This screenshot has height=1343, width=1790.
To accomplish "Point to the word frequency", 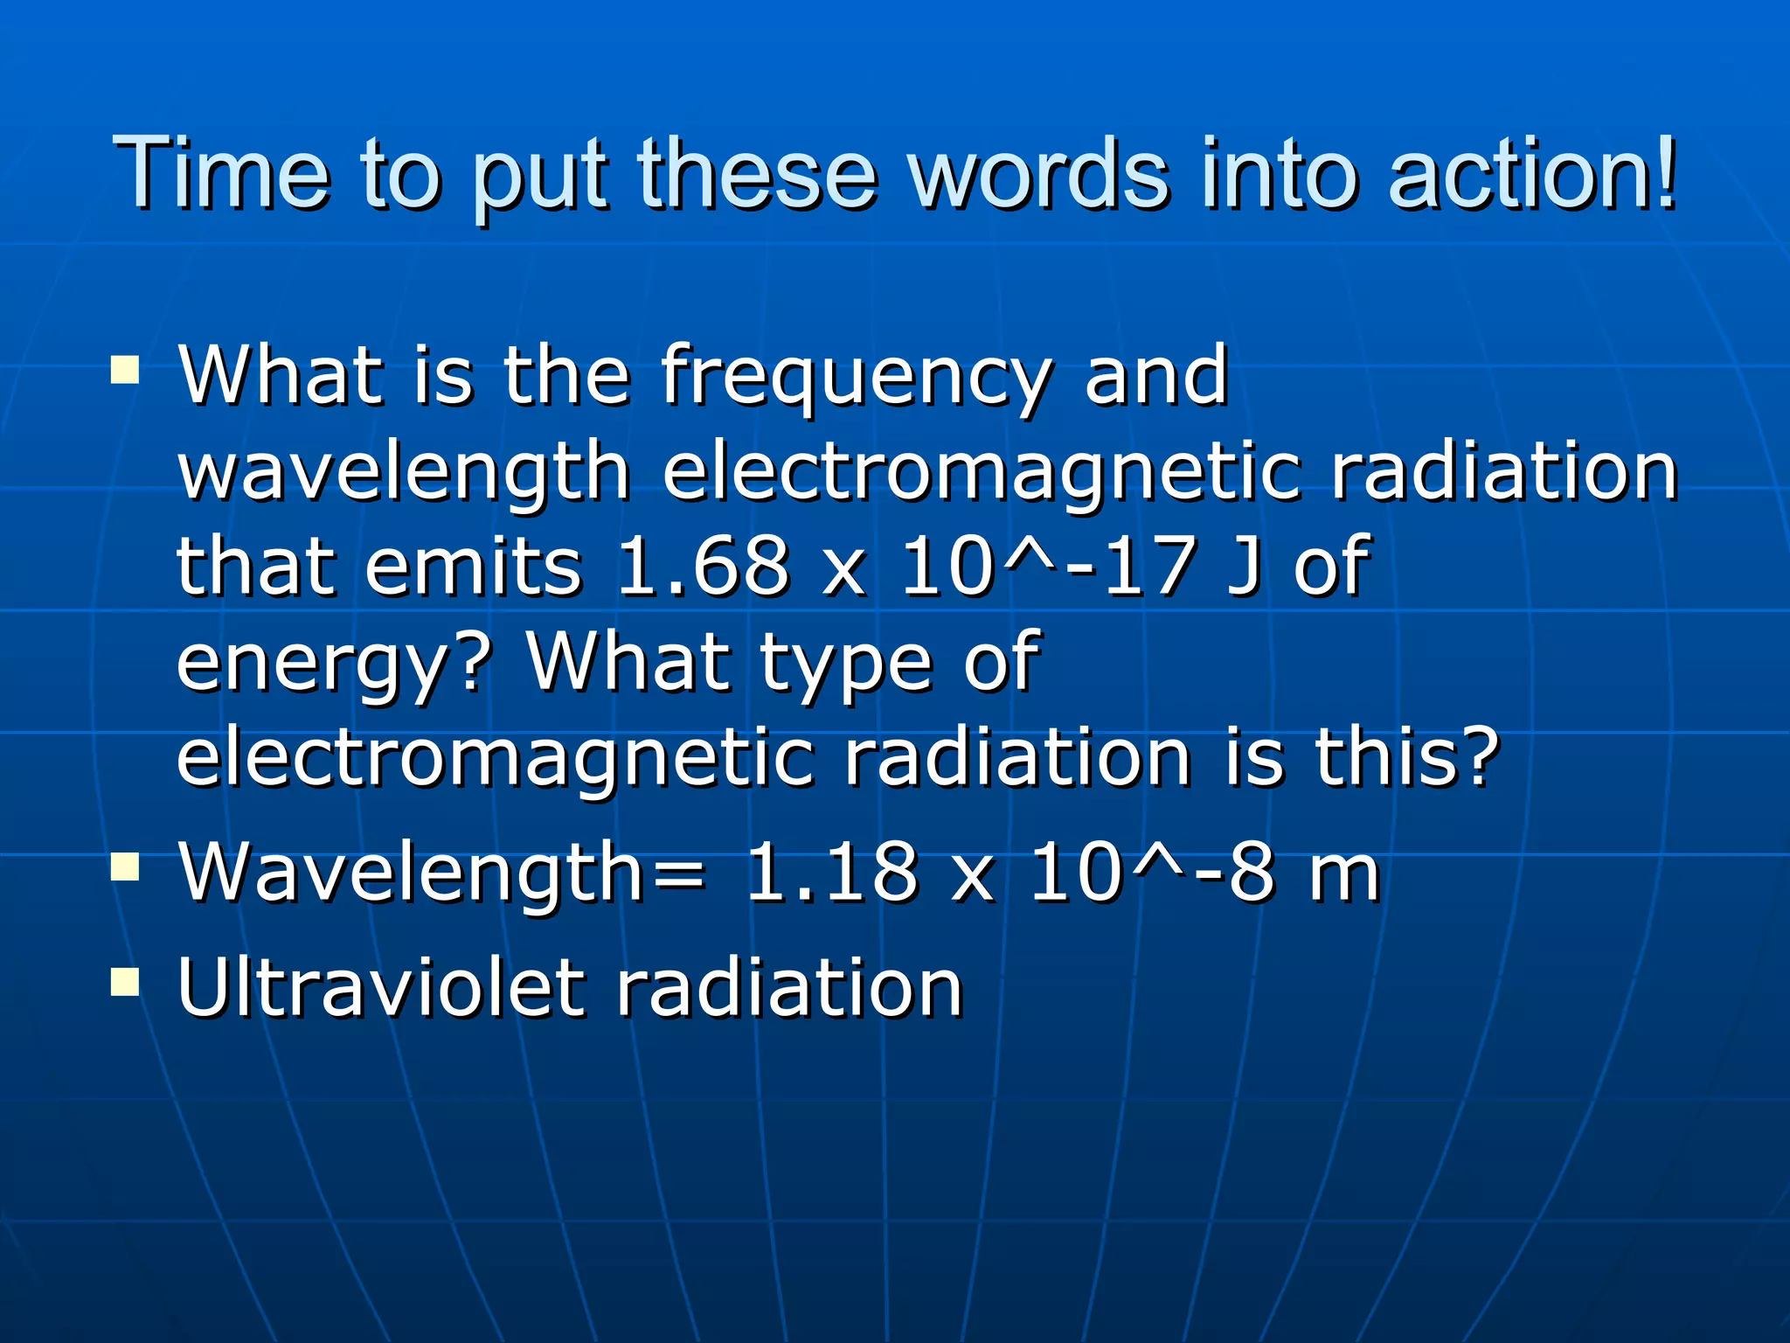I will click(x=854, y=378).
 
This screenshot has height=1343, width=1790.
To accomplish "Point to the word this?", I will click(x=1407, y=757).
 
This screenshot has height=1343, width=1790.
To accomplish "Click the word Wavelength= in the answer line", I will click(x=441, y=873).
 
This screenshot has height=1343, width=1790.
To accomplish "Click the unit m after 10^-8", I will click(x=1344, y=873).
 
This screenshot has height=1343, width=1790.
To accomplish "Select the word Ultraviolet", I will click(x=380, y=988).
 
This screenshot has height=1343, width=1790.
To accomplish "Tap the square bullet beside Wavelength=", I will click(x=125, y=866).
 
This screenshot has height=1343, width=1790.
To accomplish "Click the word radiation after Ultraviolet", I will click(x=789, y=988).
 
